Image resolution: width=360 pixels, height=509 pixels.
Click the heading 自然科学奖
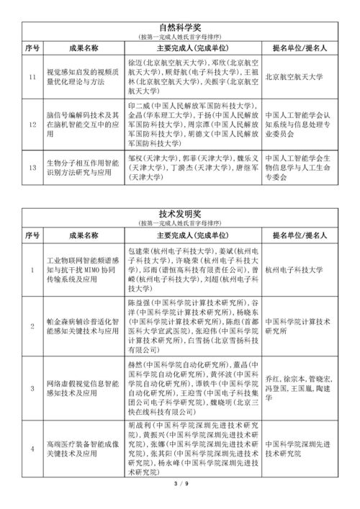tap(181, 28)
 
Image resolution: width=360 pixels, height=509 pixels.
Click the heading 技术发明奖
tap(181, 215)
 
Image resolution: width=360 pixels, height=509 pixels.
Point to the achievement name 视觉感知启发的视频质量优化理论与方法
tap(81, 77)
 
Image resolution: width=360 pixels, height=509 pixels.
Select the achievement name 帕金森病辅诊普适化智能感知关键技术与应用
tap(81, 329)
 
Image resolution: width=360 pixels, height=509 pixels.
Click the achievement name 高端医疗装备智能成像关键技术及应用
tap(81, 451)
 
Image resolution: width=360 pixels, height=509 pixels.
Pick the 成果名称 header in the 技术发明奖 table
tap(81, 235)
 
